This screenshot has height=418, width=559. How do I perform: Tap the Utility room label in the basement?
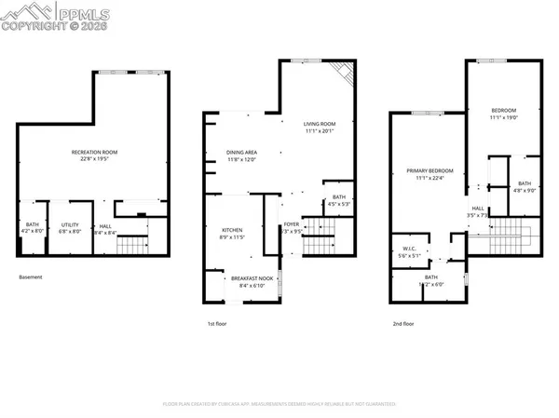point(70,227)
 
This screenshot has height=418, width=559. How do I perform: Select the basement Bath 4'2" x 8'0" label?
point(33,227)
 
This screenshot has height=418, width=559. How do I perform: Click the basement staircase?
point(136,246)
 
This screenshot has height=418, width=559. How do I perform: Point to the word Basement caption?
point(30,277)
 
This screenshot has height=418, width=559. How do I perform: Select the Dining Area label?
point(241,155)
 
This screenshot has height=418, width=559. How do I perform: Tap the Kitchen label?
point(232,233)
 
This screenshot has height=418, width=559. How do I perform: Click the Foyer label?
point(292,227)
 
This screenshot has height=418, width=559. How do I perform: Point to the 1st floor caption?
point(217,323)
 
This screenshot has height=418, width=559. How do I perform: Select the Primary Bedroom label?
point(429,174)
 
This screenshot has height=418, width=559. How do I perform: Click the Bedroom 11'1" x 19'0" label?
point(503,115)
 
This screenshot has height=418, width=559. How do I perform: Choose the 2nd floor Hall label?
point(477,211)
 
